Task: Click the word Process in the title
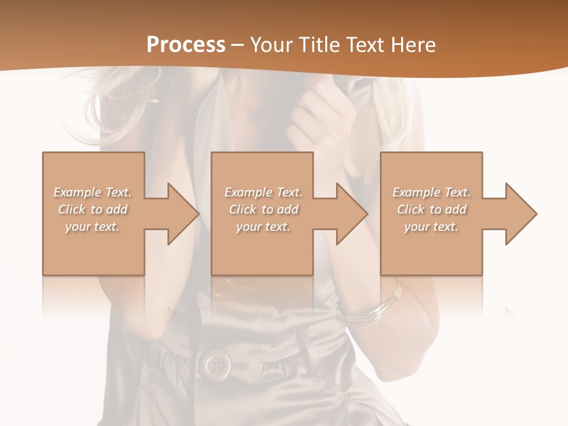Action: [x=186, y=45]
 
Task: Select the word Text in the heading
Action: [x=363, y=45]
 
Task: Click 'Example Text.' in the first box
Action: [x=93, y=192]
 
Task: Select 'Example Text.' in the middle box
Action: [x=263, y=192]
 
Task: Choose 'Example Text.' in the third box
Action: [x=431, y=192]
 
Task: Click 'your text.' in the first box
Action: [x=92, y=227]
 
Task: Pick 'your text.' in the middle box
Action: [x=263, y=227]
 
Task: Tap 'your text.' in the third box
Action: [x=431, y=227]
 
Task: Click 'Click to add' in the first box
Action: [x=93, y=209]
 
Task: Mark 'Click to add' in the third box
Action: [x=432, y=209]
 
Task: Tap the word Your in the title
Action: [x=270, y=45]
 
